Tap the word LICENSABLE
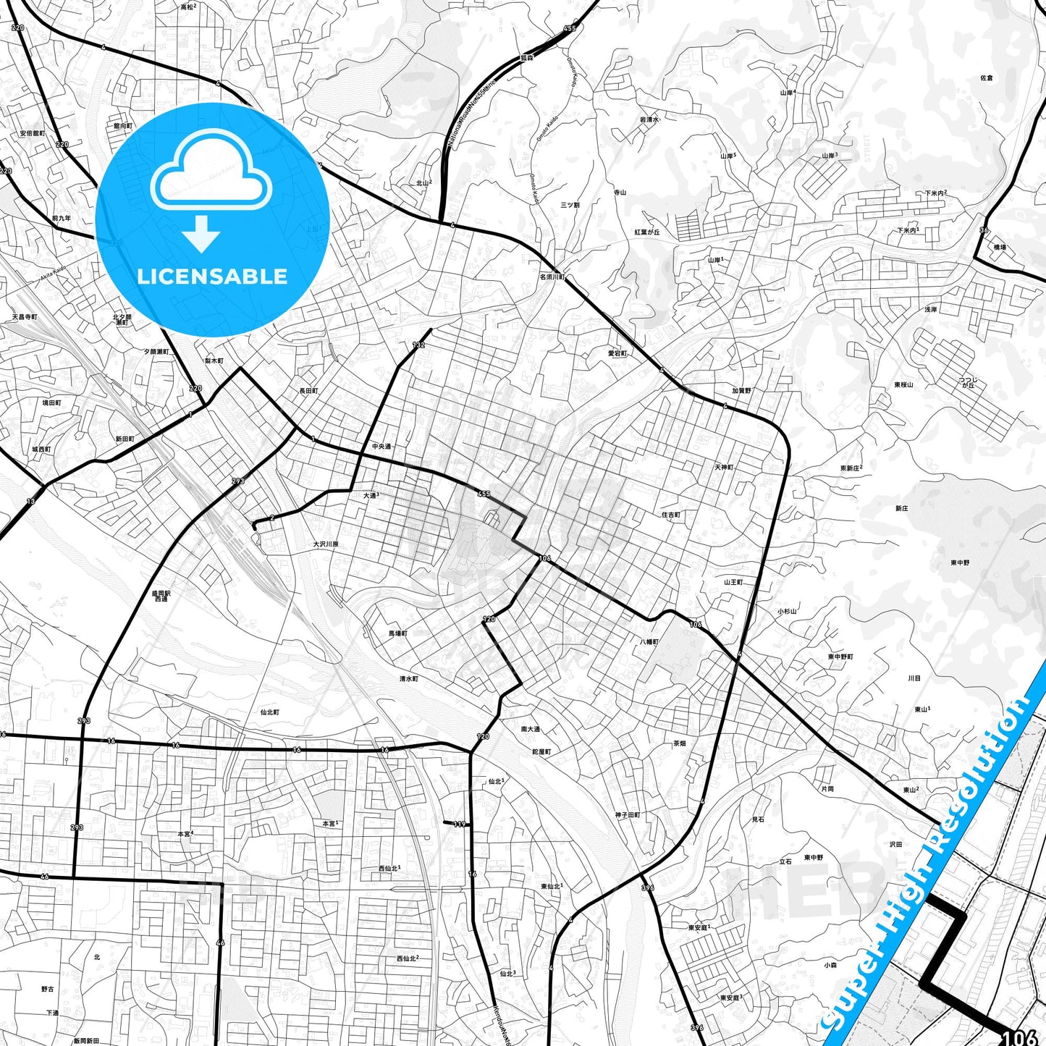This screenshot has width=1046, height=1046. (212, 277)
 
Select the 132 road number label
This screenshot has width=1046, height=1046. (418, 345)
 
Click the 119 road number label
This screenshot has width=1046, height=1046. (460, 824)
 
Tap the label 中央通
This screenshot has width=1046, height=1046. (381, 447)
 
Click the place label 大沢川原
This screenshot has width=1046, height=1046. (325, 544)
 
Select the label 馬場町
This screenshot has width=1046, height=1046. (397, 633)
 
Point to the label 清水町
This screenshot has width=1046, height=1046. (408, 679)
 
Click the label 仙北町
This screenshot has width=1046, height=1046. (269, 712)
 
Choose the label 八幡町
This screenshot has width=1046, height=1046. (649, 641)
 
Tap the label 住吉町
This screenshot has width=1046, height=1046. (671, 515)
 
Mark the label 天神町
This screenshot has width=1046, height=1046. (724, 467)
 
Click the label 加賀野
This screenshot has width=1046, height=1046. (741, 391)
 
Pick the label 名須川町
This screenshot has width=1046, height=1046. (552, 277)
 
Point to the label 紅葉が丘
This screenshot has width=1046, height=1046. (647, 232)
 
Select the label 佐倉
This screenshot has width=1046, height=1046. (986, 77)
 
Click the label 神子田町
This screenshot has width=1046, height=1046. (628, 815)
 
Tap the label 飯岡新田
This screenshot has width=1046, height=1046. (86, 1041)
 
